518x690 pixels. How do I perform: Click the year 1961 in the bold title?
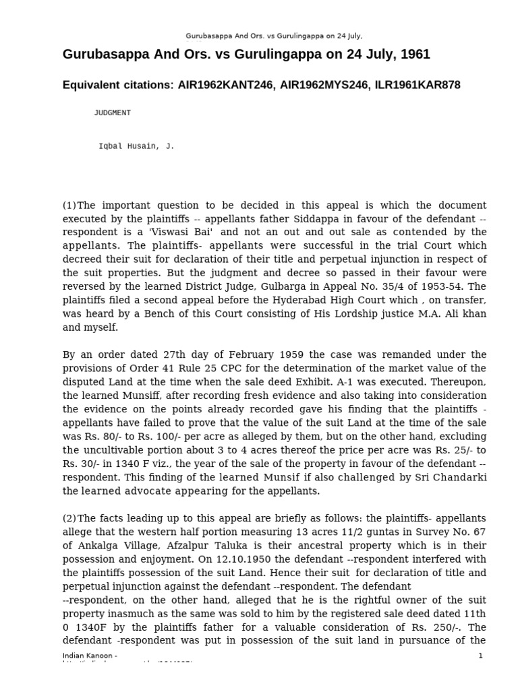click(x=416, y=54)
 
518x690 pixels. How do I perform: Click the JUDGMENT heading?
click(x=112, y=113)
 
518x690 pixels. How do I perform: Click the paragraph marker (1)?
click(x=69, y=205)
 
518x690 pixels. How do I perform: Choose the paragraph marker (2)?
click(x=69, y=517)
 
